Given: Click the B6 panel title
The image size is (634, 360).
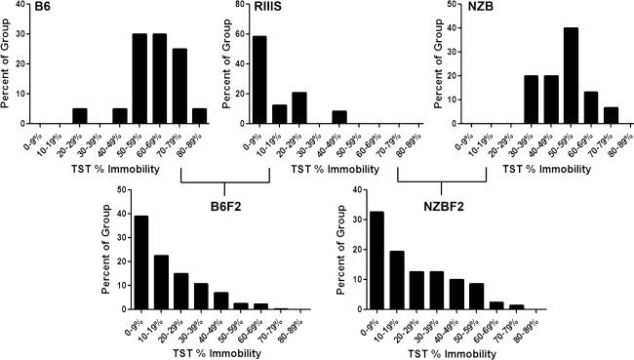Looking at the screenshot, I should point(15,7).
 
